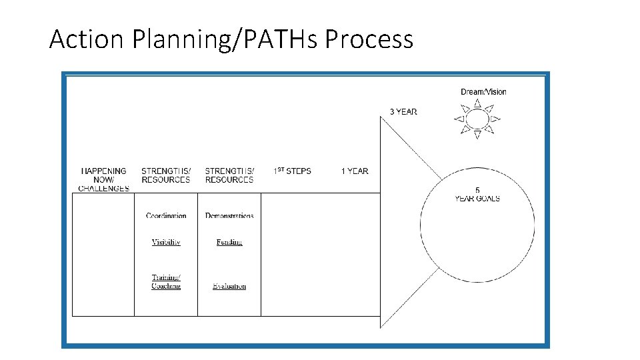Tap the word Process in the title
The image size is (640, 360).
[x=369, y=40]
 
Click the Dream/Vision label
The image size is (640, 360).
[x=483, y=92]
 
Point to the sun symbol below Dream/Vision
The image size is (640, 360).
[x=477, y=120]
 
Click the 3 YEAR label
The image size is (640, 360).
[x=403, y=111]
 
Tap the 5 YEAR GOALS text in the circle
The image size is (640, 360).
[x=477, y=195]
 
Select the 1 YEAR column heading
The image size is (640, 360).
[x=355, y=171]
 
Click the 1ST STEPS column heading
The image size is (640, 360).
[x=292, y=171]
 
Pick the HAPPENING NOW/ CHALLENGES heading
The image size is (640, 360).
[x=103, y=179]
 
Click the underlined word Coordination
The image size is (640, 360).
[x=166, y=215]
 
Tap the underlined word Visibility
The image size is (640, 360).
[x=166, y=242]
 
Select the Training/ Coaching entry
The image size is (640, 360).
[x=166, y=281]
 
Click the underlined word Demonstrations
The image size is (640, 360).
[x=229, y=215]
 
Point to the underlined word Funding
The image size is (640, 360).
[x=229, y=242]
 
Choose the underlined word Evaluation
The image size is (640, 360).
[x=229, y=286]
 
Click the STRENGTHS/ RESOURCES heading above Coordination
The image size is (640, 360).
[x=166, y=175]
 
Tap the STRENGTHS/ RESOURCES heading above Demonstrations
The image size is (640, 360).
[x=229, y=175]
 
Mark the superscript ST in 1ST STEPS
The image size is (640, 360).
[x=282, y=169]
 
